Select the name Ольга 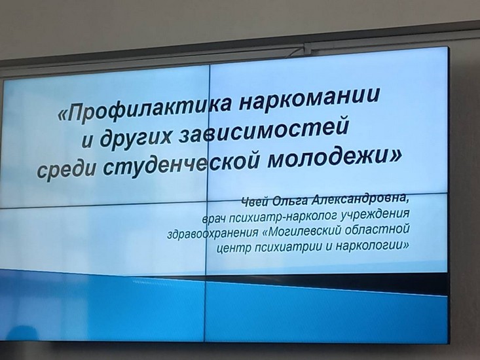[290, 201]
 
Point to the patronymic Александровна [360, 200]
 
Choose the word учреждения [376, 213]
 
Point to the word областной [377, 229]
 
